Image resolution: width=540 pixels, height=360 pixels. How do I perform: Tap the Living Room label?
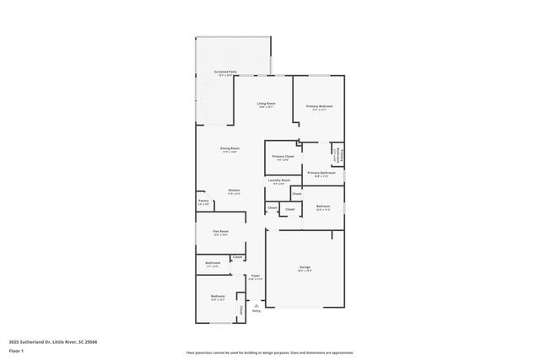[x=267, y=103]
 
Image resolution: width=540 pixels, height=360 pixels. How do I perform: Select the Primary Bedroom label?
[x=320, y=106]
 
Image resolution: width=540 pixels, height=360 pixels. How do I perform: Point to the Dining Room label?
[x=229, y=148]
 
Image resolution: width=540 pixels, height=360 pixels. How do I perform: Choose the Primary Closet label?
[x=283, y=156]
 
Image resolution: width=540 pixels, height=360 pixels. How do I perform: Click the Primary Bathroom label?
[x=321, y=172]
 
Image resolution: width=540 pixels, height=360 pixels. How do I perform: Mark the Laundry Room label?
[x=279, y=180]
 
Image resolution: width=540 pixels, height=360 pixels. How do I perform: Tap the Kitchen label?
[x=235, y=190]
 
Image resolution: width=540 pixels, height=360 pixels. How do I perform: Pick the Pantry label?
[x=203, y=201]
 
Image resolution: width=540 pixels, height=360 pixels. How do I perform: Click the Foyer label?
[x=255, y=275]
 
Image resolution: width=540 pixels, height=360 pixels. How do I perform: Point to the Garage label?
[x=305, y=267]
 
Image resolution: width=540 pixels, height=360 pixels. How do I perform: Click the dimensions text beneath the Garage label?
[x=305, y=271]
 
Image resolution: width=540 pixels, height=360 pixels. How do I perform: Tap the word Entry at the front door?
[x=256, y=311]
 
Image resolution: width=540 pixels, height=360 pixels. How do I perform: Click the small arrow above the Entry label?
[x=256, y=304]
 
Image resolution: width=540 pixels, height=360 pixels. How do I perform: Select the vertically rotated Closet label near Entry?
[x=241, y=310]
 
